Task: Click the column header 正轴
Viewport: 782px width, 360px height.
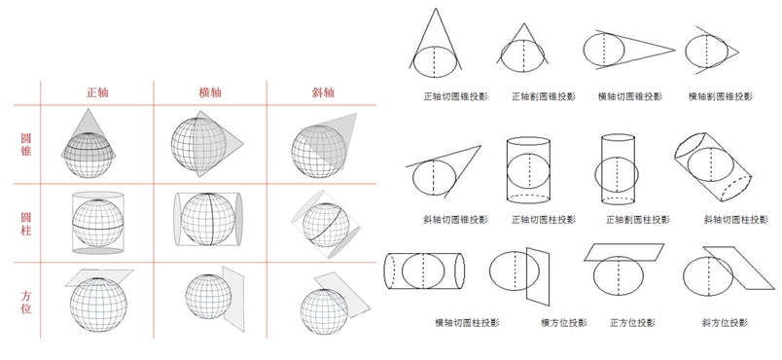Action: point(97,92)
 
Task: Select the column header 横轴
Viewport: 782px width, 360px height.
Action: point(210,92)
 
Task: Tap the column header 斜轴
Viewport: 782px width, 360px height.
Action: point(322,92)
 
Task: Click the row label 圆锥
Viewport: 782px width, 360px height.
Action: point(26,145)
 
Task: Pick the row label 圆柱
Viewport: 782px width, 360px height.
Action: point(26,224)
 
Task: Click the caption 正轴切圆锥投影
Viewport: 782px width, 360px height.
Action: point(455,96)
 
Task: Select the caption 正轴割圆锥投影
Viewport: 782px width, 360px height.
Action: point(544,96)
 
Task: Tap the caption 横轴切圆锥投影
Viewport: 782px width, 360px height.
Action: point(630,96)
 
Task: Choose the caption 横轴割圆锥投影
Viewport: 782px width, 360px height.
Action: point(720,96)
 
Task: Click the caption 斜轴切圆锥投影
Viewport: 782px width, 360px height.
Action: point(455,219)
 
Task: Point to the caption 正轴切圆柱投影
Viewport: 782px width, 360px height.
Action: point(544,219)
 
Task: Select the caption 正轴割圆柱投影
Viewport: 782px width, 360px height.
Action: point(638,219)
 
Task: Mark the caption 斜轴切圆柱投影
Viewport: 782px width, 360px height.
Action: point(736,219)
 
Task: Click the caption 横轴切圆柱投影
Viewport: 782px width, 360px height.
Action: point(467,322)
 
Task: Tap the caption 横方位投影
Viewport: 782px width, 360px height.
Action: point(564,322)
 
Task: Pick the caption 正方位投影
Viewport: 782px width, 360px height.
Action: point(633,322)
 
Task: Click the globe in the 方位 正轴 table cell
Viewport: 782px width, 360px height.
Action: point(98,305)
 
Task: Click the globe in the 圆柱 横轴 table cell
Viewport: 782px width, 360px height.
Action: point(207,219)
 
